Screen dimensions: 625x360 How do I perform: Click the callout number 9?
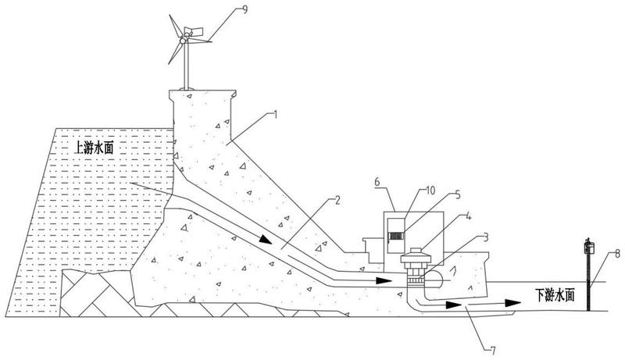click(x=245, y=9)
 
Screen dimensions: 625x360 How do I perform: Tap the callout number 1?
click(x=275, y=115)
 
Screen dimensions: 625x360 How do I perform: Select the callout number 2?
click(x=337, y=201)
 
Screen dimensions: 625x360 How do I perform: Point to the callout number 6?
click(x=377, y=182)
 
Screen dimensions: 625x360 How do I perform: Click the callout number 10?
click(x=431, y=191)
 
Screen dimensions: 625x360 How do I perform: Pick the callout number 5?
click(x=458, y=195)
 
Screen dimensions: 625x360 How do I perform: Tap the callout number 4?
click(x=469, y=217)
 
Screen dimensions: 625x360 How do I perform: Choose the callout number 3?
click(x=485, y=237)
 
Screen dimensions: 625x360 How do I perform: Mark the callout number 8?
click(x=617, y=253)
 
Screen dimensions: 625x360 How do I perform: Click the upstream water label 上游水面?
click(x=95, y=148)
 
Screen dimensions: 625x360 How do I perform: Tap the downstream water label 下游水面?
click(x=555, y=295)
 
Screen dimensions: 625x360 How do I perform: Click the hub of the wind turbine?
click(x=184, y=41)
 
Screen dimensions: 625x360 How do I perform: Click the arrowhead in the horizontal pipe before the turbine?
click(x=384, y=280)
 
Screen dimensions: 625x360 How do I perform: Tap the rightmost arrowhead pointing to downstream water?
click(x=512, y=303)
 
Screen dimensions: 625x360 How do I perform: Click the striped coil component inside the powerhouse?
click(x=396, y=236)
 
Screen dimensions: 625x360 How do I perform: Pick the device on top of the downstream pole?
click(x=589, y=248)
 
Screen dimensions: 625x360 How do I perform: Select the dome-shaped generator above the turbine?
click(x=416, y=256)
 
